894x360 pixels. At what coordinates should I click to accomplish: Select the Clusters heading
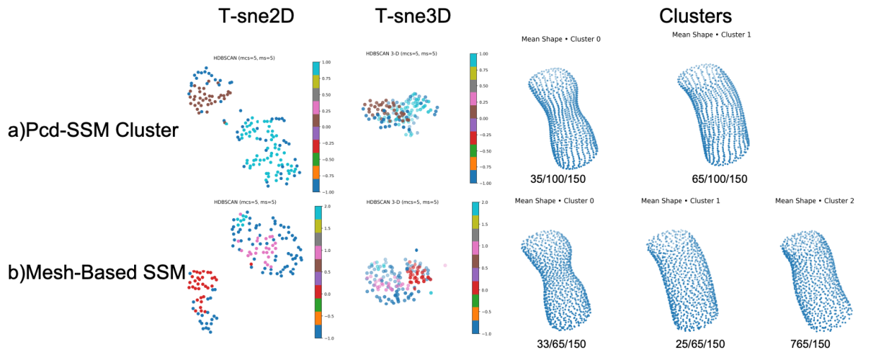tap(695, 16)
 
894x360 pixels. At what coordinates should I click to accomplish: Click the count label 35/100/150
tap(560, 179)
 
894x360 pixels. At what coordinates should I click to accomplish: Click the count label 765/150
tap(811, 344)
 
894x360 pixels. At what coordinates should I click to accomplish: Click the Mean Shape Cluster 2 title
tap(814, 201)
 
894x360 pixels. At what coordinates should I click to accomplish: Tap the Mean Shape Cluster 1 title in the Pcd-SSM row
tap(711, 34)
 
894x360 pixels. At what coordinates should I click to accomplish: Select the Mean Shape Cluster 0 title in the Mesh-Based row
tap(554, 201)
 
